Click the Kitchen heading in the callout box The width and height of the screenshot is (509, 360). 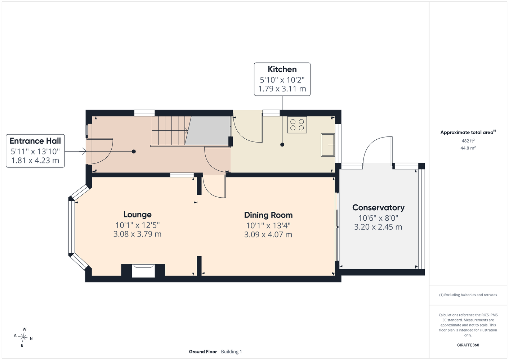[x=282, y=69]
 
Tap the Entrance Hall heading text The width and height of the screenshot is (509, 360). [x=35, y=141]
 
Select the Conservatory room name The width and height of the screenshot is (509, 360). [x=378, y=208]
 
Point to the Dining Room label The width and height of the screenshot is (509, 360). [x=268, y=215]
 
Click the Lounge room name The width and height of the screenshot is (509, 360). [x=138, y=215]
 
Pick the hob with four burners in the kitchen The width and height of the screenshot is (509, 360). [x=297, y=125]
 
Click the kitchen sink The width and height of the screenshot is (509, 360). [x=328, y=145]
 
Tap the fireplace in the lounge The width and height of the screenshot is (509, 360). [x=143, y=270]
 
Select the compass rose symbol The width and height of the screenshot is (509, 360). [x=23, y=337]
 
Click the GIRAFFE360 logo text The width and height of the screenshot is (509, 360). [x=468, y=345]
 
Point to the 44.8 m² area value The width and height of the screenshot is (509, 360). [x=468, y=148]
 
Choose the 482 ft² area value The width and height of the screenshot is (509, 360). [x=468, y=141]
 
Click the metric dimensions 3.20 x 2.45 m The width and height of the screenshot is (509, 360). [x=378, y=227]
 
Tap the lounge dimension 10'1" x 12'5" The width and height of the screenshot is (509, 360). [x=138, y=225]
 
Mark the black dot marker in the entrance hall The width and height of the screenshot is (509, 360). [x=134, y=152]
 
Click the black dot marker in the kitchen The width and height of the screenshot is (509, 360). [x=282, y=144]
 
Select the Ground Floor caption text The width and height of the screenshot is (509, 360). [x=203, y=352]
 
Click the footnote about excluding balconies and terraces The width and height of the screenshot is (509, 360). [x=468, y=295]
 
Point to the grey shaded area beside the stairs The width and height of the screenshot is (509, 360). [x=208, y=131]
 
